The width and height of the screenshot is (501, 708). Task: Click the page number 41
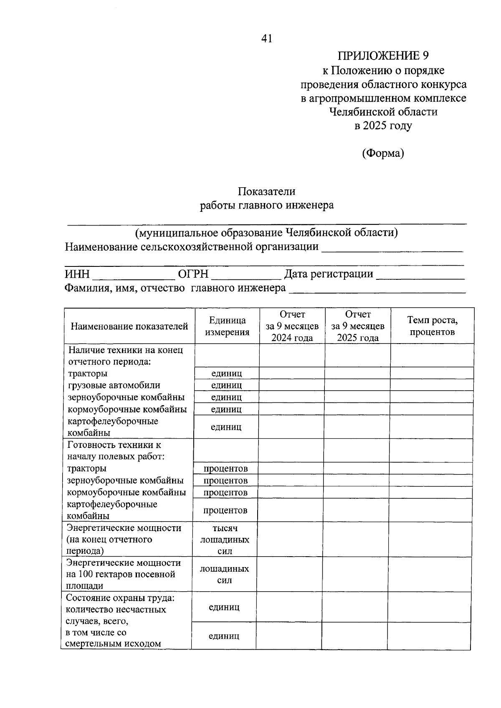266,39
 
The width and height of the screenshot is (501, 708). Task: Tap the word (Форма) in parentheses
383,153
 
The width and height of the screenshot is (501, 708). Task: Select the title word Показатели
266,191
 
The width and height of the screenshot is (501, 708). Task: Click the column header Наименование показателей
129,326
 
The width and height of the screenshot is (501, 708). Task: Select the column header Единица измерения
227,326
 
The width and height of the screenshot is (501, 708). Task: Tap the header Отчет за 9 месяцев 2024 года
292,326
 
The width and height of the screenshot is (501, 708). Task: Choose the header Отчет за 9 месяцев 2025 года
358,326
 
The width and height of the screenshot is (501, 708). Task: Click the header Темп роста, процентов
432,326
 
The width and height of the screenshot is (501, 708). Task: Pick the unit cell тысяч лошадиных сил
225,540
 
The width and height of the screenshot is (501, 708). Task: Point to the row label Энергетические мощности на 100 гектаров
123,574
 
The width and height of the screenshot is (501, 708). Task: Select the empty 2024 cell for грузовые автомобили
292,385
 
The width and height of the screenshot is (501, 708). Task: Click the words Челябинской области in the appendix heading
383,112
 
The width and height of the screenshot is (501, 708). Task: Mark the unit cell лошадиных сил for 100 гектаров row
224,574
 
